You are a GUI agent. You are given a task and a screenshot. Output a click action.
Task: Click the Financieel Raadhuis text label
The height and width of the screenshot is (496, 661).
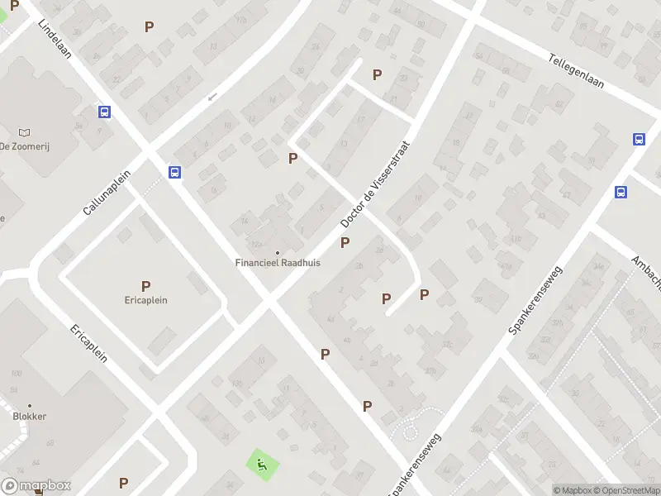pyautogui.click(x=278, y=263)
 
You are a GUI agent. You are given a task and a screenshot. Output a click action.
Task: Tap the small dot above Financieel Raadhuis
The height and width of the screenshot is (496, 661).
pyautogui.click(x=278, y=253)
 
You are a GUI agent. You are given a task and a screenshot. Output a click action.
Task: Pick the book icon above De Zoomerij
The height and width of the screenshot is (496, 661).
pyautogui.click(x=24, y=132)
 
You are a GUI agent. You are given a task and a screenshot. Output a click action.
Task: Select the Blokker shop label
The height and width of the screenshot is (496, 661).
pyautogui.click(x=29, y=417)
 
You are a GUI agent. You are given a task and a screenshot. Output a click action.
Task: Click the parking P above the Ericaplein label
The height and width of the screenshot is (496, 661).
pyautogui.click(x=146, y=286)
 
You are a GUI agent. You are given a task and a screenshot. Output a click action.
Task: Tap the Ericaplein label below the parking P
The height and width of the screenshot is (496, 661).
pyautogui.click(x=146, y=300)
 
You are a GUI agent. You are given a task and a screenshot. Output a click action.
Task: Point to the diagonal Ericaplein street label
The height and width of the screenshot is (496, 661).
pyautogui.click(x=88, y=343)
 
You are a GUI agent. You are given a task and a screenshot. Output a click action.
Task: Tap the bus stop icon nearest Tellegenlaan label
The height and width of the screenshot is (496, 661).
pyautogui.click(x=640, y=139)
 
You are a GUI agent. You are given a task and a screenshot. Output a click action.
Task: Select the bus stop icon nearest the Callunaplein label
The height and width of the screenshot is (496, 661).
pyautogui.click(x=175, y=172)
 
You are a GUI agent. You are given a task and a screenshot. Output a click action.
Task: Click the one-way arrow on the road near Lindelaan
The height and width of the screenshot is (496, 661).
pyautogui.click(x=212, y=97)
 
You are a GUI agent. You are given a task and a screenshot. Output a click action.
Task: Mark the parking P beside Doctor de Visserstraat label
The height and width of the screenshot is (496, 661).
pyautogui.click(x=345, y=243)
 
